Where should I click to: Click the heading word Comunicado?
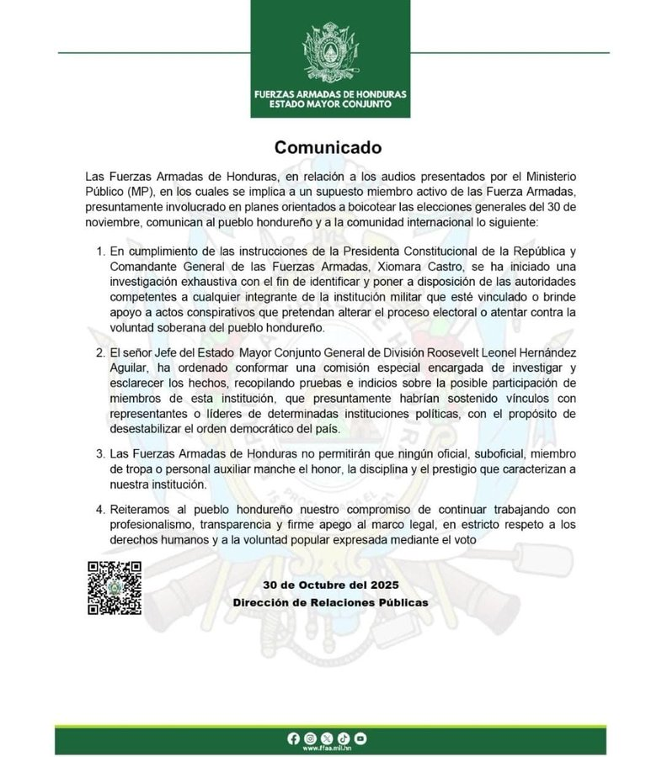[x=328, y=147]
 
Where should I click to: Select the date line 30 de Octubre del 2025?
[x=330, y=585]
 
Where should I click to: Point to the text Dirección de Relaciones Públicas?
[x=330, y=603]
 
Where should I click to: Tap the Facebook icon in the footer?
[x=293, y=738]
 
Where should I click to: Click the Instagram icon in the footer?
[x=310, y=738]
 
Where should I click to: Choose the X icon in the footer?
[x=327, y=738]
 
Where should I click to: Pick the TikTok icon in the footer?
[x=344, y=738]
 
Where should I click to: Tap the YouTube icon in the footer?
[x=360, y=738]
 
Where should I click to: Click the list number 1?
[x=101, y=251]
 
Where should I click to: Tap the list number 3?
[x=101, y=455]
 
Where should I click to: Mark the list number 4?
[x=101, y=510]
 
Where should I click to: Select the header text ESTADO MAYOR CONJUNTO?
[x=330, y=104]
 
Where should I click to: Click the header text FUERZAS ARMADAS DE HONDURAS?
[x=330, y=93]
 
